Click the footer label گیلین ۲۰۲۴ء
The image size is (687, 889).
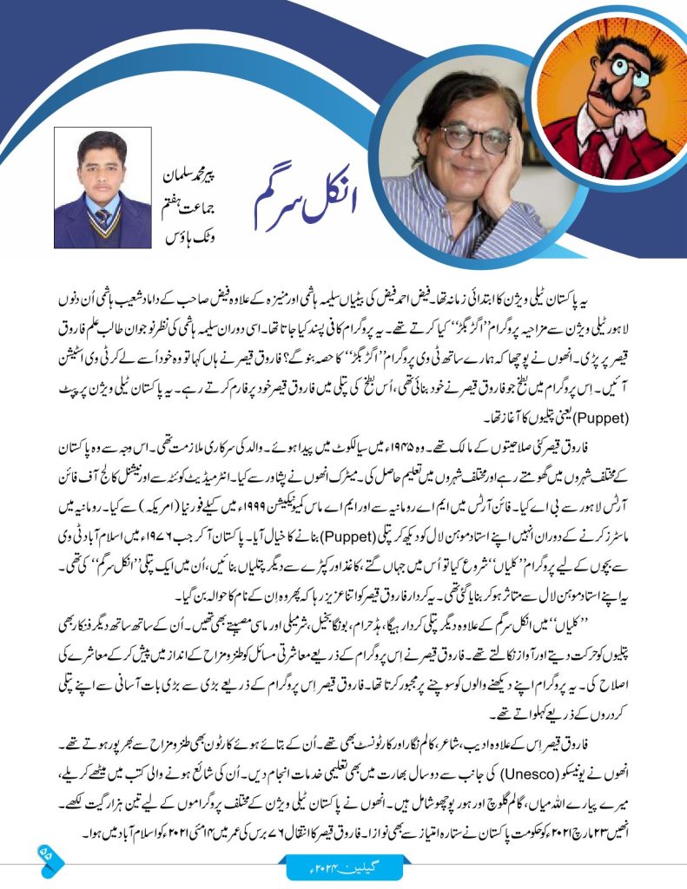click(343, 865)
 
